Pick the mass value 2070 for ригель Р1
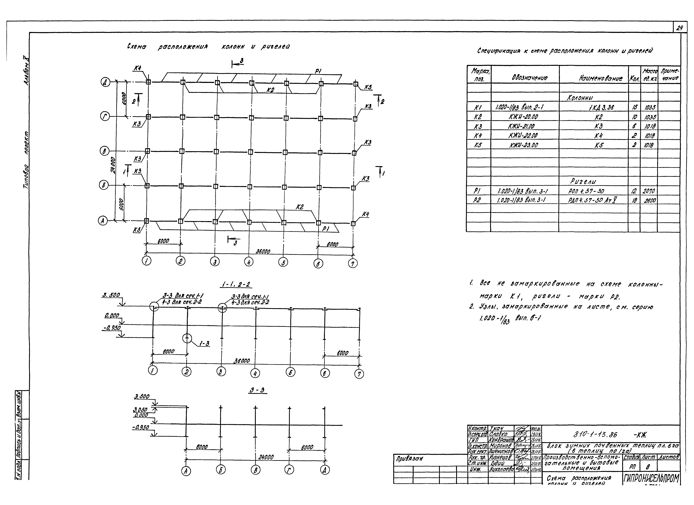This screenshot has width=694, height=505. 649,191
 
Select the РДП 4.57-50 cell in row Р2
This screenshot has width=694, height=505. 593,200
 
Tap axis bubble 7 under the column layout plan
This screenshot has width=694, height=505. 353,263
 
